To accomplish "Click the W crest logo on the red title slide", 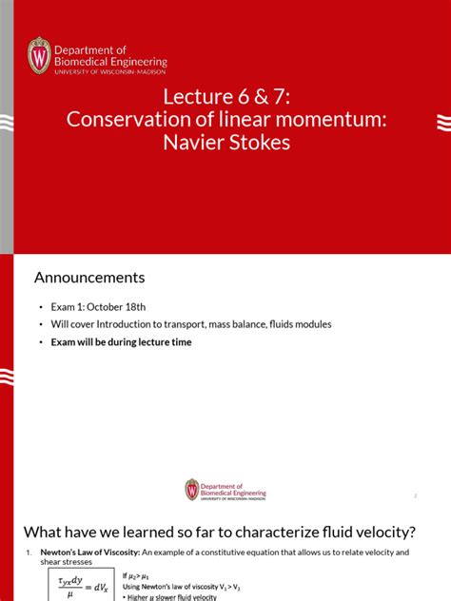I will [39, 55].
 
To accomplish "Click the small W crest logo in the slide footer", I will [192, 489].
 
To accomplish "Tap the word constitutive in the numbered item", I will [232, 552].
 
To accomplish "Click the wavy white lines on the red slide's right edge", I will [442, 122].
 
